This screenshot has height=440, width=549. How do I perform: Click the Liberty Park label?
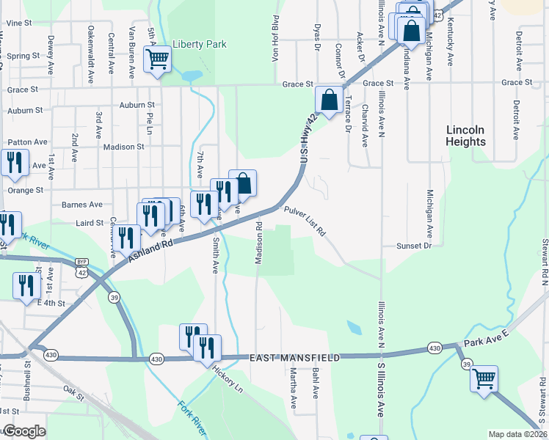(200, 44)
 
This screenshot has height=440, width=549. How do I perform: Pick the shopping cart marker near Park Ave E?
(484, 379)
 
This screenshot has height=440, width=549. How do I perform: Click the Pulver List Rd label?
(305, 221)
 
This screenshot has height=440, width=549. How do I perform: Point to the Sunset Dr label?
(414, 246)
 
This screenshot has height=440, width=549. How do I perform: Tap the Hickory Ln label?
(226, 378)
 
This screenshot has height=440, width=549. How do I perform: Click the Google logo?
(23, 431)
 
